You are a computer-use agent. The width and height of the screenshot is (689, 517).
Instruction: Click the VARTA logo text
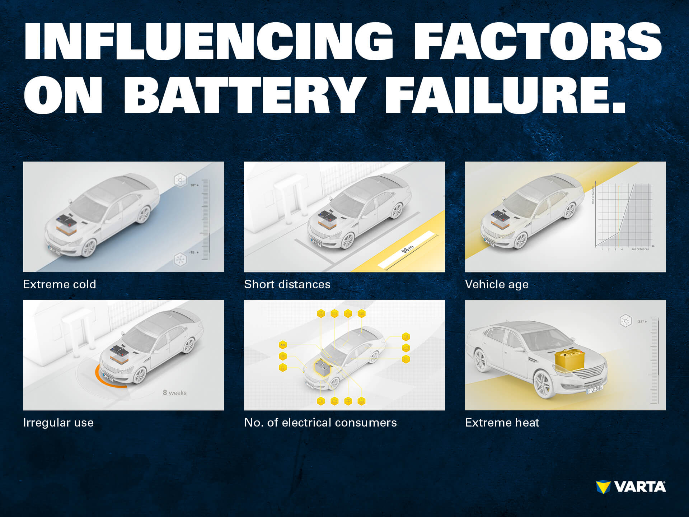640,487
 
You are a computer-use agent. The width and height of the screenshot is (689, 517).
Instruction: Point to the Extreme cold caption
60,284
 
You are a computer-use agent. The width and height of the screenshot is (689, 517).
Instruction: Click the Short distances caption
287,284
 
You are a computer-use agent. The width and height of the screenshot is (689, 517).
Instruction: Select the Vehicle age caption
497,284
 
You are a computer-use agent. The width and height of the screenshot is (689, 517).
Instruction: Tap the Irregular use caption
58,423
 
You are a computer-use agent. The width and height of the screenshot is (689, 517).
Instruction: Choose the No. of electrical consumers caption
320,423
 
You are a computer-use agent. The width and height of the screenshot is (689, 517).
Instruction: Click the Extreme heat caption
502,423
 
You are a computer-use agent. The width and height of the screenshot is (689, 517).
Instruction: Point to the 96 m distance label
408,248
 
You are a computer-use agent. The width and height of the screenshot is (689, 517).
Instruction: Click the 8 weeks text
175,393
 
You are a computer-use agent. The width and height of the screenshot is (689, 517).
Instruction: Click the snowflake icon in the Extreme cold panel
180,259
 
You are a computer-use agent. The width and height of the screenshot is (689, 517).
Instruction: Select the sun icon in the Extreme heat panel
625,321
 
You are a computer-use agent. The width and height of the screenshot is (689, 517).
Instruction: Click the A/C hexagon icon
283,345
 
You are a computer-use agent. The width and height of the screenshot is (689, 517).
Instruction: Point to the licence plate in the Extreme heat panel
595,389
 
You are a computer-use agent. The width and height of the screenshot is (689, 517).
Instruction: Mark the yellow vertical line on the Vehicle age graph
619,215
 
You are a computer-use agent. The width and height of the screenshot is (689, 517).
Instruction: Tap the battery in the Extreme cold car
66,224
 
